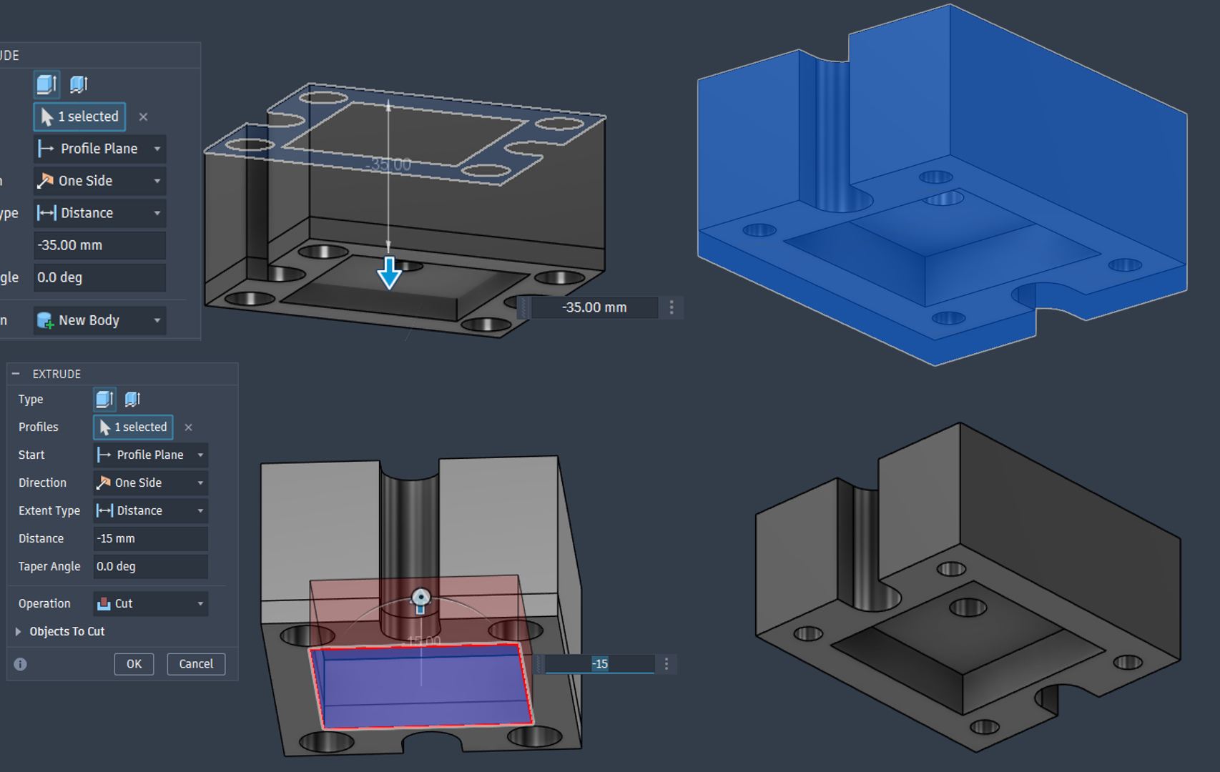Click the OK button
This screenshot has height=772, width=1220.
(x=134, y=664)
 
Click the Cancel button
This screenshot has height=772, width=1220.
(x=196, y=664)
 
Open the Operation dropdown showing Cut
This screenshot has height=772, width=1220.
(x=150, y=603)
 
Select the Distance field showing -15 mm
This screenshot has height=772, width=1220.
(x=150, y=538)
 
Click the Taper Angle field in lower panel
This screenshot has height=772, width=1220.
(x=150, y=566)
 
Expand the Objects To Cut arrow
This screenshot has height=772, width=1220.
(x=18, y=631)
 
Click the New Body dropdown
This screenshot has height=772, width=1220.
(x=99, y=320)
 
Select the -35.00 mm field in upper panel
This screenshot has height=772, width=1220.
(x=99, y=245)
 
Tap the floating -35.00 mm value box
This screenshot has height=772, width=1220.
(x=594, y=307)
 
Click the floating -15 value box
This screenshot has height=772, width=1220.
(x=599, y=664)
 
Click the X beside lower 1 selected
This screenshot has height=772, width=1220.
(x=188, y=427)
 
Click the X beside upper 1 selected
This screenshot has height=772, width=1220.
(x=143, y=117)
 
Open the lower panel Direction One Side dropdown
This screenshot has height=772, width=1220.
(x=150, y=482)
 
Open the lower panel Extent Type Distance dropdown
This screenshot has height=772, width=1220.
(x=150, y=510)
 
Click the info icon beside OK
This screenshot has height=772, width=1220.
(x=20, y=664)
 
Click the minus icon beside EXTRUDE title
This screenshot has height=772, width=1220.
(x=16, y=374)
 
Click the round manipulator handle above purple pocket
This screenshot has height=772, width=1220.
(x=421, y=597)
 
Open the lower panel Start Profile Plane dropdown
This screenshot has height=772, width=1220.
(x=150, y=455)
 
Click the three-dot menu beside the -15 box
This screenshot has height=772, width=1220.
(x=666, y=664)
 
